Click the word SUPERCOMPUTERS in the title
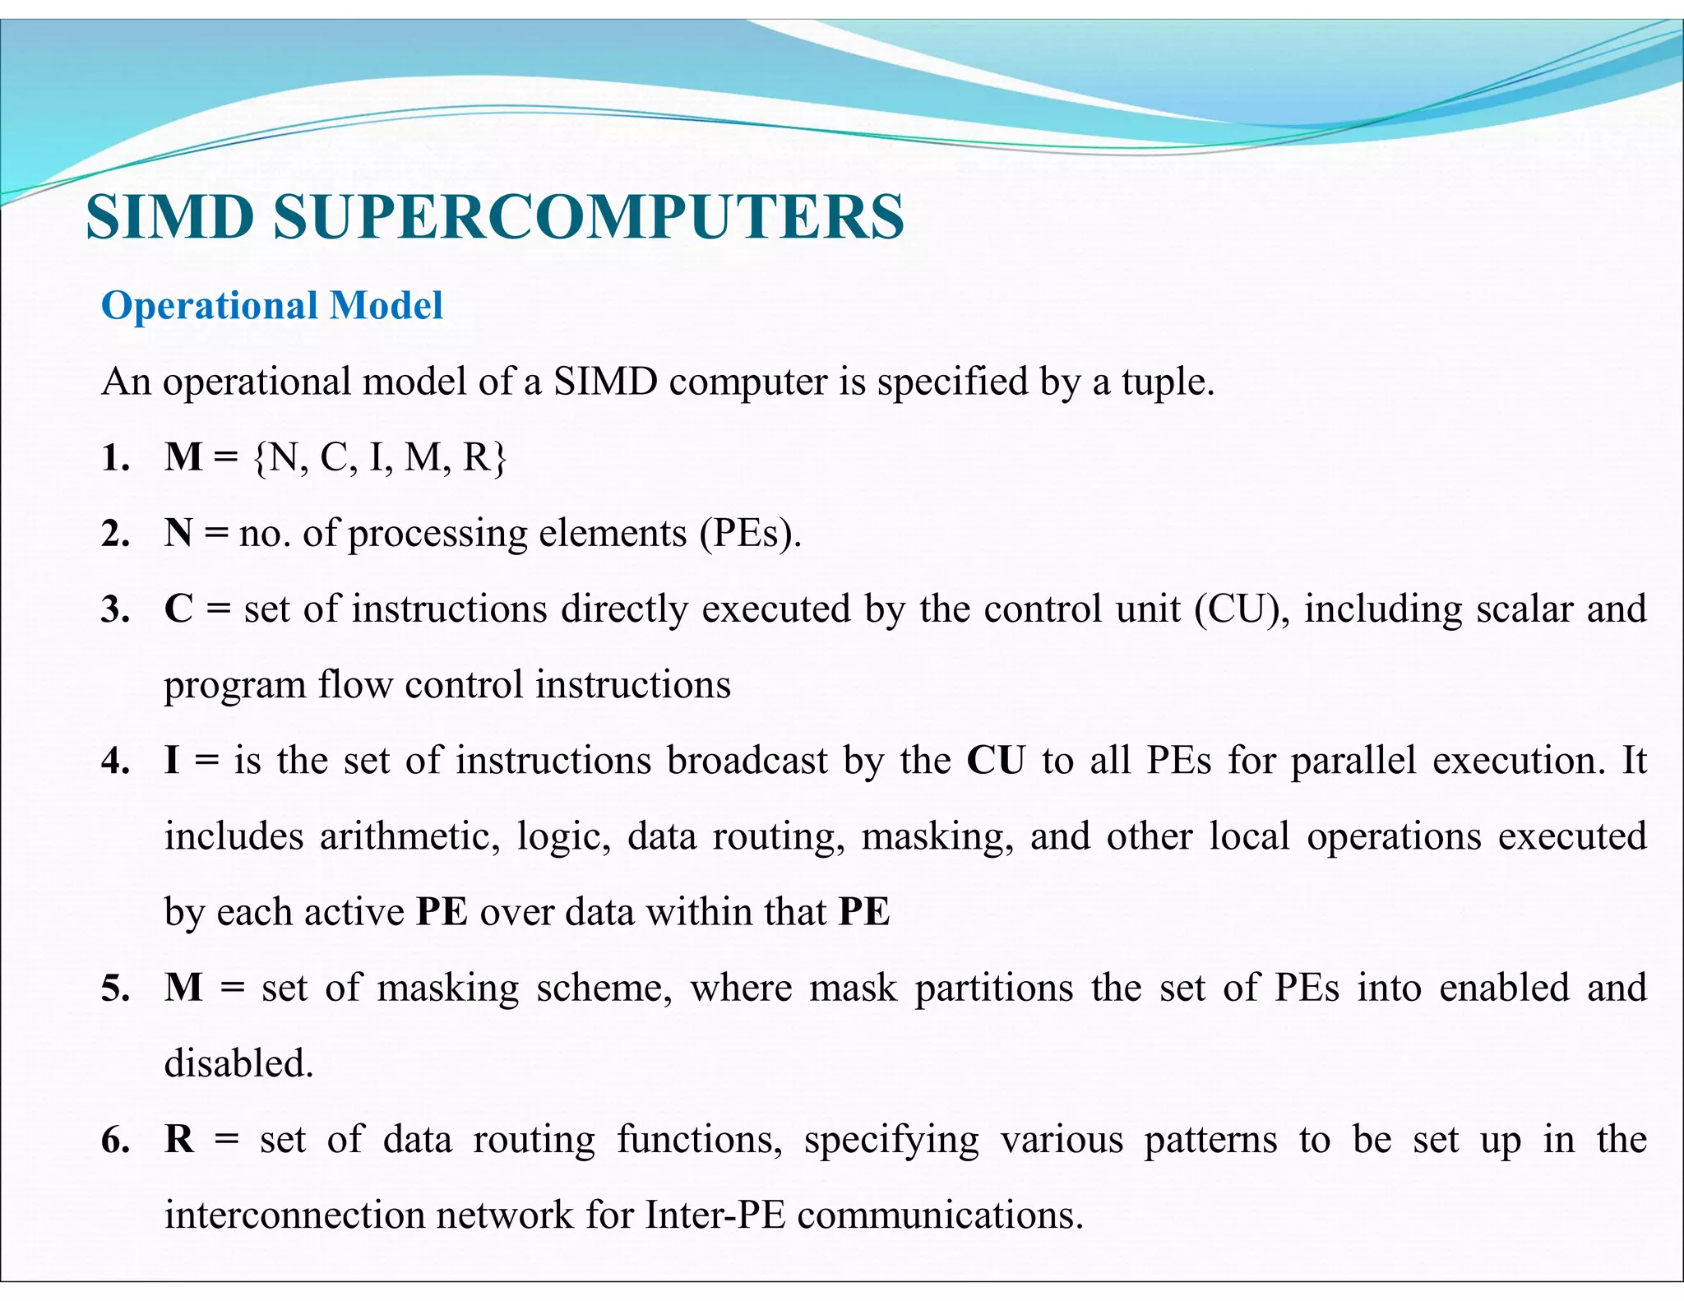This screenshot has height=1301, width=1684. pos(589,217)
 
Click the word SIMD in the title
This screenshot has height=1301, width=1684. pos(169,217)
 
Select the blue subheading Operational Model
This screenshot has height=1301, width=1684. pos(271,305)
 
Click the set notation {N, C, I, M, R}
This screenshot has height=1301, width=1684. pos(380,457)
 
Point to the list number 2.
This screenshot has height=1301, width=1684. pos(114,535)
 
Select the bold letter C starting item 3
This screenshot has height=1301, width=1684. pos(178,609)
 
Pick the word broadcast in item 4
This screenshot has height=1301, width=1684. pos(747,761)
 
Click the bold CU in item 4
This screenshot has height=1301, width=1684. pos(996,761)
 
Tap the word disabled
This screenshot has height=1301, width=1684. pos(238,1063)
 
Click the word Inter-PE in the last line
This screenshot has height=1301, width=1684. pos(715,1215)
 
